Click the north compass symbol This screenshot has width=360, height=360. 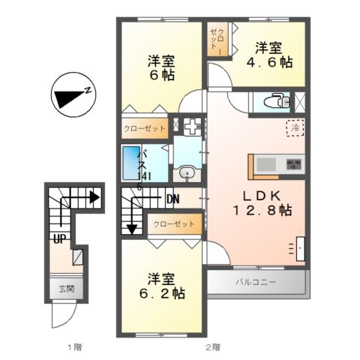(x=71, y=96)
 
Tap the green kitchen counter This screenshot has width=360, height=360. (x=266, y=163)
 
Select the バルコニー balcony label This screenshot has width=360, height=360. (x=256, y=283)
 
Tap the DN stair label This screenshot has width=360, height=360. (x=173, y=199)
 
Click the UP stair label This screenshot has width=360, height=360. (x=58, y=239)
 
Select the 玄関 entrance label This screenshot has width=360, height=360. (x=58, y=288)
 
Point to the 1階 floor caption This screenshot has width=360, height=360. (x=73, y=347)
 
